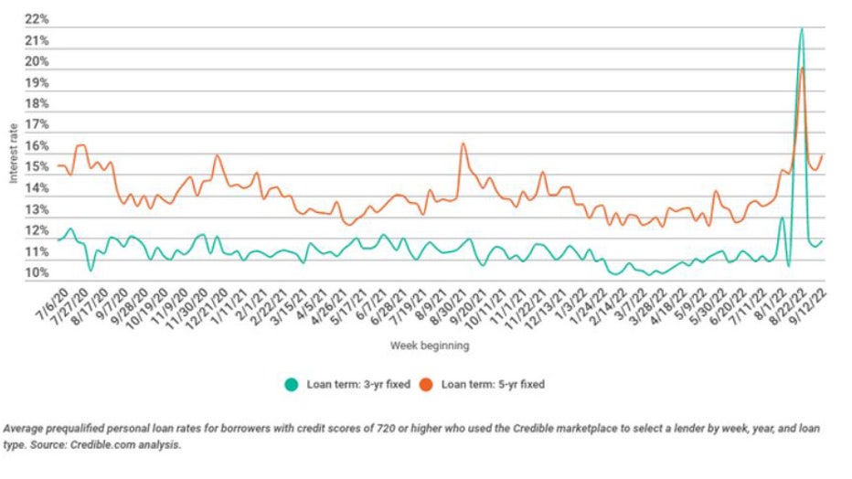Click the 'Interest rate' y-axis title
[13, 151]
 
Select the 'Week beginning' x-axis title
[430, 346]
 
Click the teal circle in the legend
[290, 385]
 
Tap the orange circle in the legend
[427, 385]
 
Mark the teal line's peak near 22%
[801, 29]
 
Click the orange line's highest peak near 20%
[802, 69]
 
